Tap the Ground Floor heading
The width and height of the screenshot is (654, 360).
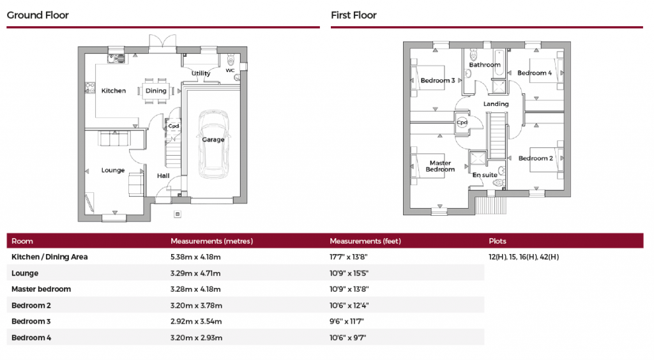tap(38, 15)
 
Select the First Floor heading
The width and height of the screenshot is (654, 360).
tap(354, 15)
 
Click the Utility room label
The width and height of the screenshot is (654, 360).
tap(201, 73)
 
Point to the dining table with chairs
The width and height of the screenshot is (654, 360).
tap(156, 91)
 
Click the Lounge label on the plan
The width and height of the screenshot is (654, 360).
tap(113, 170)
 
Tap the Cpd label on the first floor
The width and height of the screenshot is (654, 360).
tap(462, 123)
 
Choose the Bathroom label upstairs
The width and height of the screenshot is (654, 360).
tap(485, 64)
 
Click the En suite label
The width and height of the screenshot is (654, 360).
tap(485, 175)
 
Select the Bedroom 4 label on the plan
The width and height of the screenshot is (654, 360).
tap(535, 73)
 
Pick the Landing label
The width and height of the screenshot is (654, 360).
tap(496, 103)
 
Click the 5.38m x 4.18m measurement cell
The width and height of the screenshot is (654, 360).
tap(195, 257)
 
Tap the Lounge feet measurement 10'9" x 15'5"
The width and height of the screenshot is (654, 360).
tap(349, 273)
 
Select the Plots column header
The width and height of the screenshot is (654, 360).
tap(498, 241)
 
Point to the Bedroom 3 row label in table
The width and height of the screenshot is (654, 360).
tap(31, 321)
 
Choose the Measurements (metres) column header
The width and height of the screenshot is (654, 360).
tap(211, 241)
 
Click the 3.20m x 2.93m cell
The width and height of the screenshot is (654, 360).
tap(195, 337)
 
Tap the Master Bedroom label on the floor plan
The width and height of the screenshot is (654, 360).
tap(441, 166)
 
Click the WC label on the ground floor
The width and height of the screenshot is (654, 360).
tap(230, 70)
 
